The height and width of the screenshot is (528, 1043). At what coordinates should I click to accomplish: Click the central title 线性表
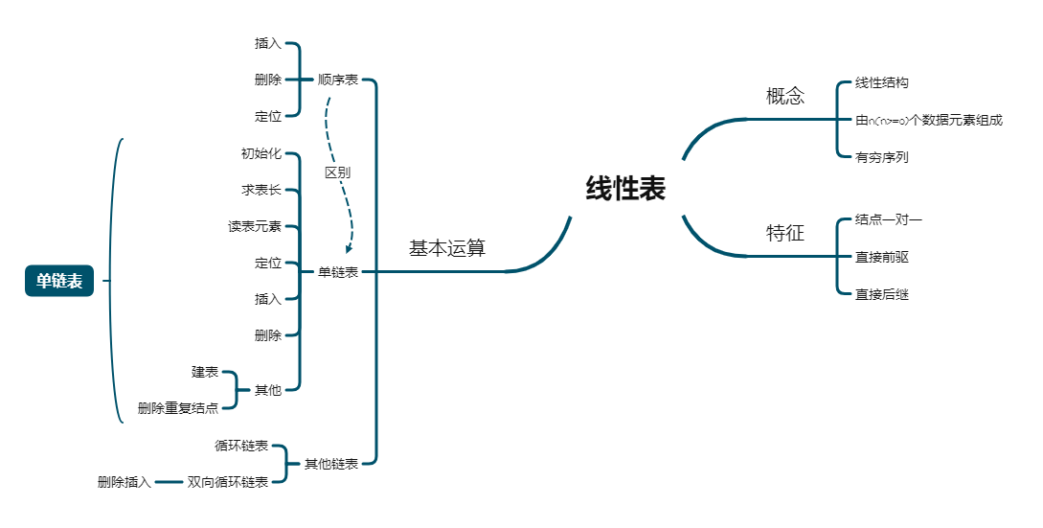[625, 189]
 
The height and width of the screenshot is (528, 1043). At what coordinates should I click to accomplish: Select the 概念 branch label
[785, 96]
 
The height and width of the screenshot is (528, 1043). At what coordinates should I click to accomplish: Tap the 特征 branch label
[785, 233]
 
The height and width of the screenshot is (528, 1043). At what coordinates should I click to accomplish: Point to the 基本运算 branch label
[447, 248]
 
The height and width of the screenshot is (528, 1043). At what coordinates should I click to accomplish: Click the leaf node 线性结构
[882, 83]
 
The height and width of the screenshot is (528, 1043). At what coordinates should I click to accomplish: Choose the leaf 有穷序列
[882, 157]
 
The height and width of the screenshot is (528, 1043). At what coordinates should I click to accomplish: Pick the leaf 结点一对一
[889, 220]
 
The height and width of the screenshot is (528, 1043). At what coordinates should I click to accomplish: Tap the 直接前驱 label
[882, 258]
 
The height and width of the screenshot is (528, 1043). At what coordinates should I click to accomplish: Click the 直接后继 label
[882, 294]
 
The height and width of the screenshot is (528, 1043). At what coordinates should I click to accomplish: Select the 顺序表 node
[338, 80]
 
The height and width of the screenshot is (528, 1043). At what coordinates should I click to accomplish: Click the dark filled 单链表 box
[59, 281]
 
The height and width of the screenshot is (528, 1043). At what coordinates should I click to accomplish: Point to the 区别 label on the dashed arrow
[337, 172]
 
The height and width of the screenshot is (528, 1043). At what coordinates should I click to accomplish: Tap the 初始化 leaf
[261, 153]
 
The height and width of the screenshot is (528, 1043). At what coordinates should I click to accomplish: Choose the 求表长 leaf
[261, 190]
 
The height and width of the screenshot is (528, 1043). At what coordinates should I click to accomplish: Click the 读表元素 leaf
[255, 227]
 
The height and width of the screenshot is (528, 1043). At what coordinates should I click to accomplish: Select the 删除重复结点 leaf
[178, 408]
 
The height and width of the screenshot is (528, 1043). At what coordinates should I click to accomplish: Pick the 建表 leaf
[205, 372]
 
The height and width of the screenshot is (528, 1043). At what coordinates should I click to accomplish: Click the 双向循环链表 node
[228, 482]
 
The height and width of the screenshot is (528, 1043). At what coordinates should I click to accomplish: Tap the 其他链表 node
[331, 464]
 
